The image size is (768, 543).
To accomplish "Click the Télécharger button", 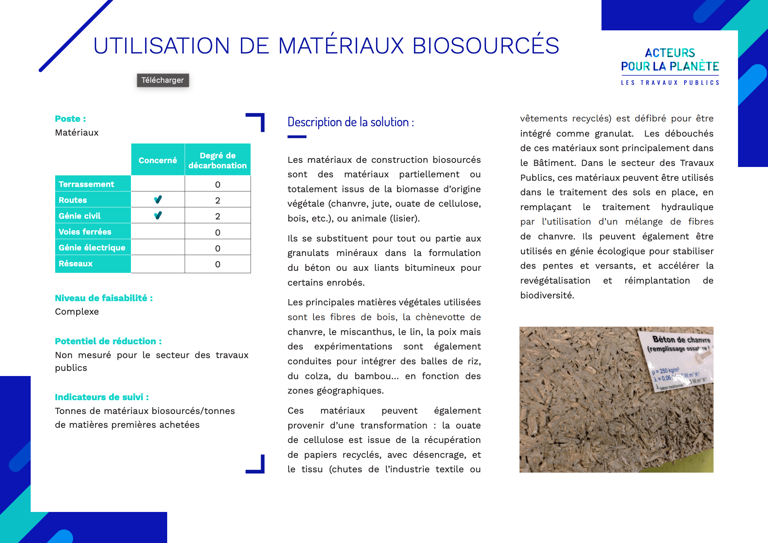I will (163, 80).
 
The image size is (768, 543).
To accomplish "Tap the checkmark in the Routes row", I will (158, 200).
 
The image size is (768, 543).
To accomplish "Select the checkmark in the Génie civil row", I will (158, 216).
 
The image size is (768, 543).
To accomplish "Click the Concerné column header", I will (158, 160).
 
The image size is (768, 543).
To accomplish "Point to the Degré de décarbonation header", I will (218, 160).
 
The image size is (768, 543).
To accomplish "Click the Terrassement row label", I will (87, 184).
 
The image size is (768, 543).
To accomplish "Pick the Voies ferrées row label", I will (85, 232).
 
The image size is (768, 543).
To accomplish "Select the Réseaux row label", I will (76, 264).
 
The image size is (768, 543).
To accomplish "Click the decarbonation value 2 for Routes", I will (218, 200).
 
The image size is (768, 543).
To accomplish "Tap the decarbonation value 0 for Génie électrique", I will (218, 248).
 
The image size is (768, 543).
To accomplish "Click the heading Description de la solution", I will (351, 122).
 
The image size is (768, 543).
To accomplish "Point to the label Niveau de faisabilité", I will (104, 298).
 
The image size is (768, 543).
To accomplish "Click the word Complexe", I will (77, 312).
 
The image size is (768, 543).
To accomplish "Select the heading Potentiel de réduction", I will (108, 341).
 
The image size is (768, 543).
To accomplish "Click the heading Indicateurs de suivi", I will (102, 397).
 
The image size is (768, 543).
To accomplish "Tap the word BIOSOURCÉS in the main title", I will (485, 46).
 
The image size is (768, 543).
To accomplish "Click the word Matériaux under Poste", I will (77, 132).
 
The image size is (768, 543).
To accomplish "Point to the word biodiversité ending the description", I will (547, 295).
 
